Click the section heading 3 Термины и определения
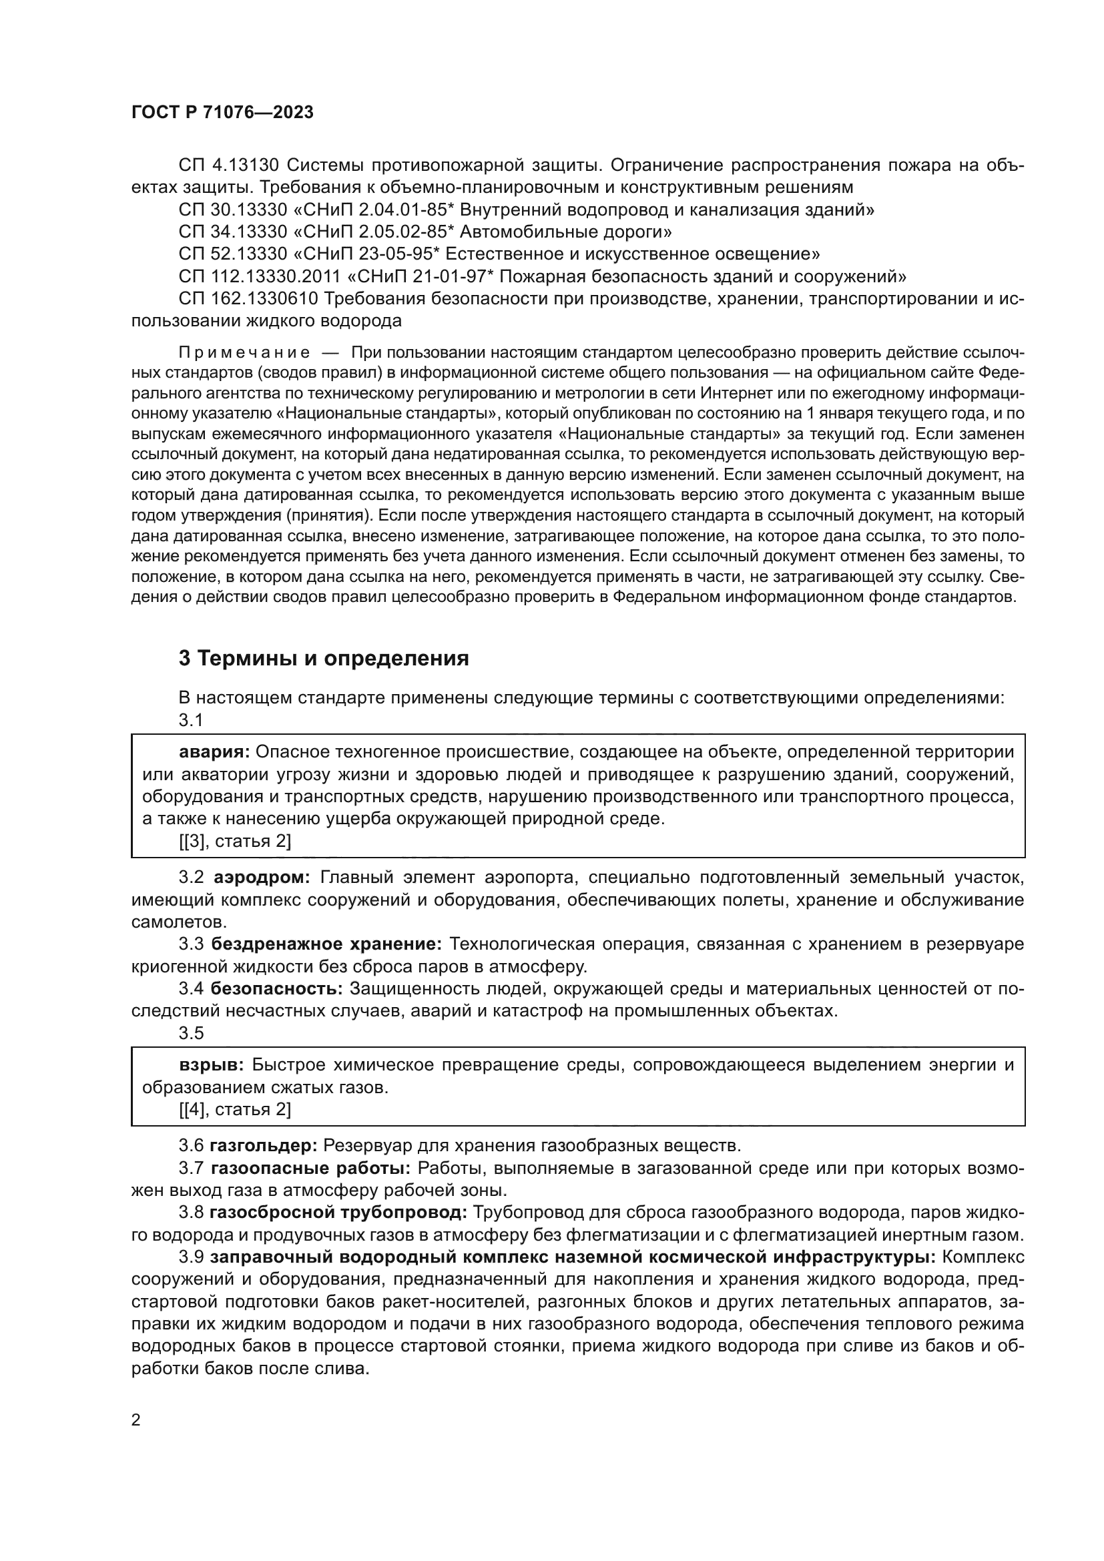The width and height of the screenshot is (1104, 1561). pos(324,658)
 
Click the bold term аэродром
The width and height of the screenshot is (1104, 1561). pos(262,878)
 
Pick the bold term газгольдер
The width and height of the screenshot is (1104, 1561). pos(263,1146)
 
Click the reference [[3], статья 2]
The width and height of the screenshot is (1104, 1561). pos(235,842)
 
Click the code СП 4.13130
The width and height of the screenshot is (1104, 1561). pos(228,166)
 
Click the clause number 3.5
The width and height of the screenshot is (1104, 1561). pos(191,1033)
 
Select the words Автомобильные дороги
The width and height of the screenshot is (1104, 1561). pos(566,232)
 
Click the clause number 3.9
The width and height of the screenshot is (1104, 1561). pos(191,1257)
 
